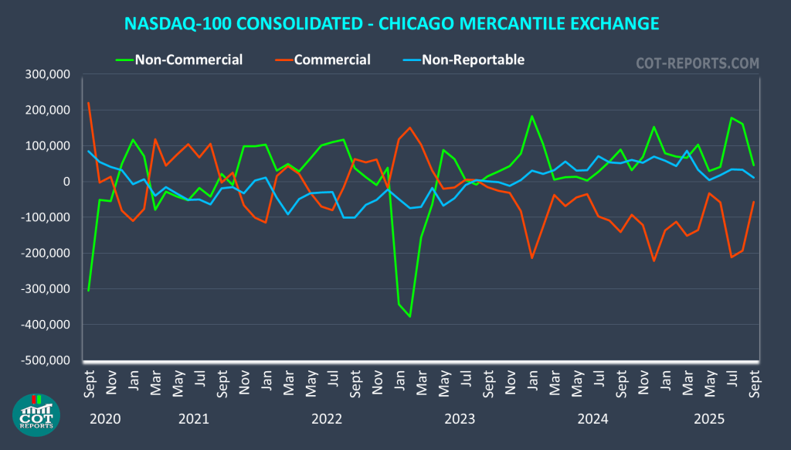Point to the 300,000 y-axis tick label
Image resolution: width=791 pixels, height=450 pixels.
tap(48, 74)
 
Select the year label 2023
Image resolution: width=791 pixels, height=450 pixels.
tap(459, 419)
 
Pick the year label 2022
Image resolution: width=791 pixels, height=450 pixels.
tap(327, 419)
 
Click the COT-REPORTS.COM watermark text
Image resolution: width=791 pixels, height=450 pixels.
tap(698, 63)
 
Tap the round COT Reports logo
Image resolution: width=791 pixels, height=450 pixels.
tap(37, 414)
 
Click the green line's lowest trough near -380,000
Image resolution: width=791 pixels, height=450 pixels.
tap(410, 316)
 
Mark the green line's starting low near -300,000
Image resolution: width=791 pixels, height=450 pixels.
tap(88, 290)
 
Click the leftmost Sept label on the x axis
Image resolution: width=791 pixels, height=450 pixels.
tap(89, 384)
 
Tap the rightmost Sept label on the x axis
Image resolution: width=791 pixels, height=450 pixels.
tap(754, 384)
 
